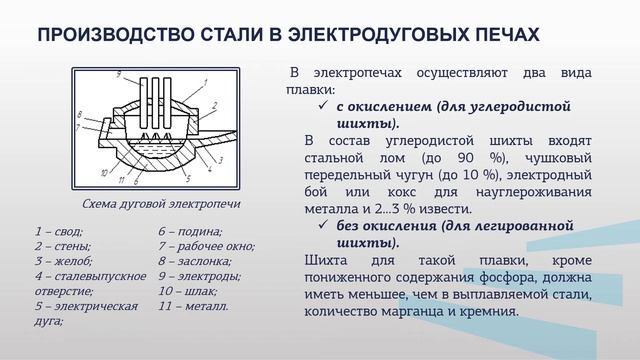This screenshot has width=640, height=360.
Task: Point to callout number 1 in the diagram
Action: tap(205, 81)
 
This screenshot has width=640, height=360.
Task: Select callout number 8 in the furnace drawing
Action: tap(81, 117)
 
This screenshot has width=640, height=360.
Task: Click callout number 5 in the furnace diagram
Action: tap(187, 177)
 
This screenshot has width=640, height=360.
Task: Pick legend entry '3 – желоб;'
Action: tap(60, 261)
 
